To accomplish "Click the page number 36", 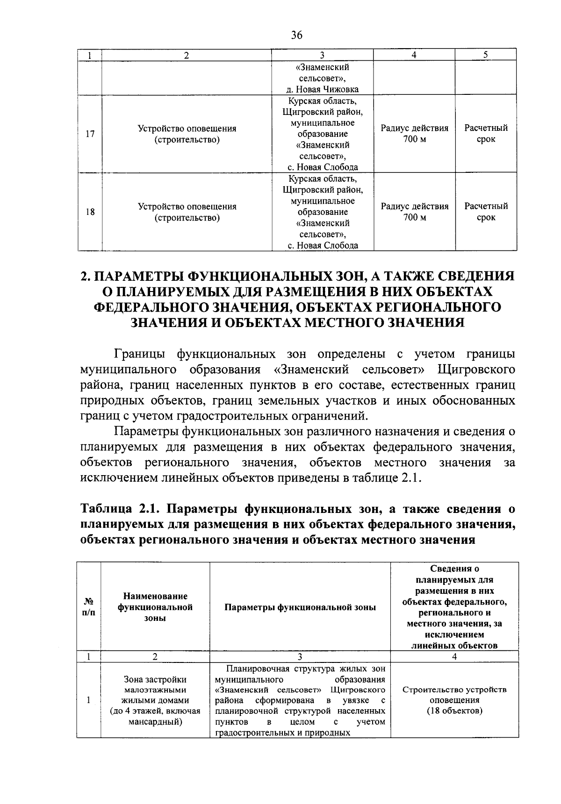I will (x=296, y=35).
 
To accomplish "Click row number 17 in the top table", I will (x=90, y=134).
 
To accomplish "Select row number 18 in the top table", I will (x=90, y=212).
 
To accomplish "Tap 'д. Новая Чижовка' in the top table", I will (x=323, y=90).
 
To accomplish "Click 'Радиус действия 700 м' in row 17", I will (x=414, y=134).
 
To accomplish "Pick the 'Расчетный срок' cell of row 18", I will (x=486, y=212).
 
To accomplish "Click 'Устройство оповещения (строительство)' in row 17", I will (x=187, y=134).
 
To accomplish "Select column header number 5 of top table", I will (x=486, y=55).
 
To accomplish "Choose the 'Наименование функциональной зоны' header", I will (x=155, y=607).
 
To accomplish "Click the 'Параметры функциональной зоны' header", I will (x=300, y=607).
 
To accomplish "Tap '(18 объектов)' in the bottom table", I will (x=454, y=711).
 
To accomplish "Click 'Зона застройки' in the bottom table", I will (x=155, y=679).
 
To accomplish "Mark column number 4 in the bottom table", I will (x=454, y=656).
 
